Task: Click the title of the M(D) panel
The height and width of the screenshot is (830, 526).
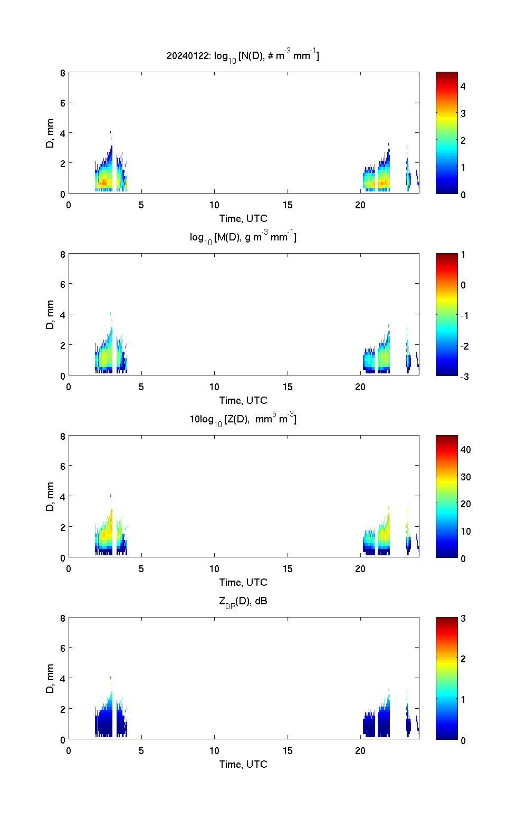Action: click(243, 238)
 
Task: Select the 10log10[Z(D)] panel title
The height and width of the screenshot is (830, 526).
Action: click(243, 420)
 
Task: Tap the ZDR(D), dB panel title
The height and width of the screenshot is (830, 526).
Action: click(243, 602)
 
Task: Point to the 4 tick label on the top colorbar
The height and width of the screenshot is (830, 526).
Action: click(463, 86)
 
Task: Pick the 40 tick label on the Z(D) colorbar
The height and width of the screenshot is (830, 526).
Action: click(465, 449)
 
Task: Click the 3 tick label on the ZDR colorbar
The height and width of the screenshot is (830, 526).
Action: click(463, 619)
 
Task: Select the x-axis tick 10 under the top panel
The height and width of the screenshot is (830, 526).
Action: click(214, 205)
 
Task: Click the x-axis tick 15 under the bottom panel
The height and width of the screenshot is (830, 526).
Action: click(287, 751)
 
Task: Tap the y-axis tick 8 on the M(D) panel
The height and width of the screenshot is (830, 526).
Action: click(63, 255)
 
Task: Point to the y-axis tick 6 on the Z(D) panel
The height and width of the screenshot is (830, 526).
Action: click(63, 467)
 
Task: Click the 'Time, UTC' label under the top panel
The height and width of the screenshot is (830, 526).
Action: click(243, 218)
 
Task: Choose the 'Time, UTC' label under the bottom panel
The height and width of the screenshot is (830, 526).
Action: click(243, 764)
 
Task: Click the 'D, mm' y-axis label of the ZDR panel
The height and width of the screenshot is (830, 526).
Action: click(51, 678)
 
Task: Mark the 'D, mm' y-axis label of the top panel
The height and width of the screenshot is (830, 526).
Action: click(51, 133)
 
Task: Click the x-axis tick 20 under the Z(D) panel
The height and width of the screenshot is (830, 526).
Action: click(360, 569)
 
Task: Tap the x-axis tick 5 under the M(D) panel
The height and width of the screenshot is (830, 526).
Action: click(141, 387)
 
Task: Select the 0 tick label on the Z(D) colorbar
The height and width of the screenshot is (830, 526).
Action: click(463, 558)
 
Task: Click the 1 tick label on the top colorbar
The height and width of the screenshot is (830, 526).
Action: click(463, 167)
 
